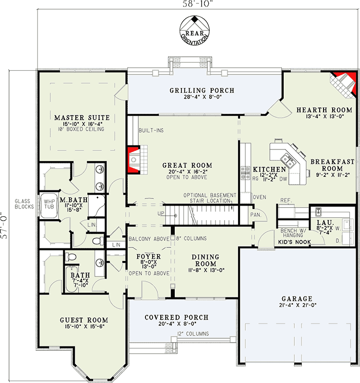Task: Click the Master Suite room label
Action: click(x=82, y=117)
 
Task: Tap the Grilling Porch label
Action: click(x=202, y=90)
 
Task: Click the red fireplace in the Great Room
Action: click(x=132, y=157)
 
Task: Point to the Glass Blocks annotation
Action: click(x=23, y=204)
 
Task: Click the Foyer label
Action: click(x=149, y=257)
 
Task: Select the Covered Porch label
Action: click(x=177, y=317)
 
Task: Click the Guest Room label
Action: click(x=84, y=320)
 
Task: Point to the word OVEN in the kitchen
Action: click(x=259, y=197)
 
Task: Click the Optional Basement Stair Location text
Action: click(x=210, y=198)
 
